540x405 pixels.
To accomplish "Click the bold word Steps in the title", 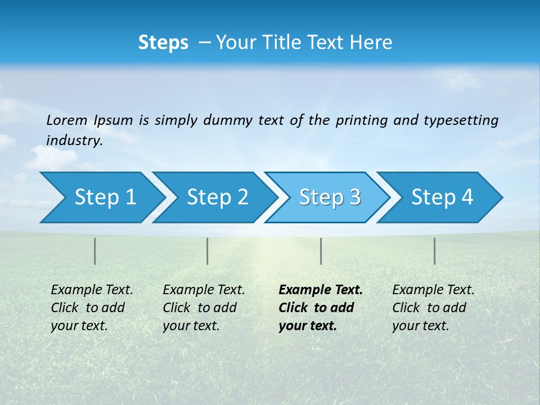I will (x=163, y=43).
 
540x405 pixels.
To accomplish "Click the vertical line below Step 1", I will (x=95, y=251).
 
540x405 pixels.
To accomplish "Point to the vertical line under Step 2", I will (x=208, y=251).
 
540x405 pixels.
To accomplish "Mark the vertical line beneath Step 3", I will (x=321, y=251).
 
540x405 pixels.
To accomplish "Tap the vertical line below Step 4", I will (x=435, y=251).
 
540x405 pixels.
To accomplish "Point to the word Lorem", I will (x=67, y=120).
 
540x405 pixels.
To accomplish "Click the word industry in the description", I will (x=74, y=141).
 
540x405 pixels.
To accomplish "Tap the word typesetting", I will (x=461, y=120).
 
